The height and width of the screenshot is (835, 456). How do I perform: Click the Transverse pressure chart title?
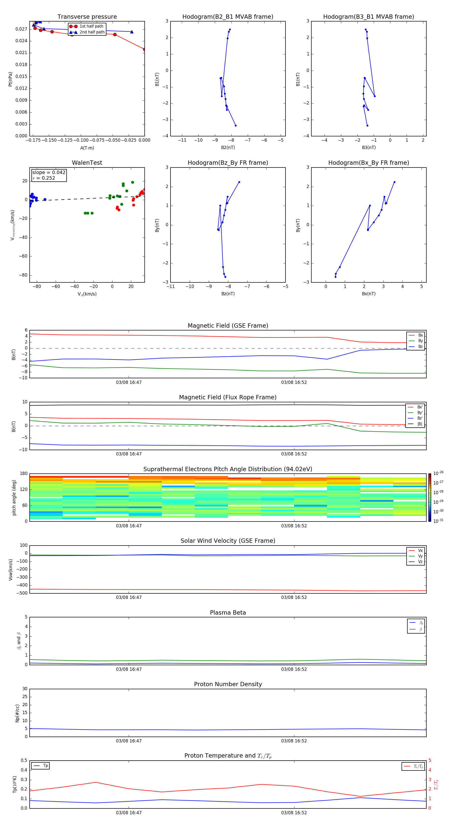[87, 17]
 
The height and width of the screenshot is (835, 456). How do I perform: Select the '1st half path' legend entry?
[91, 26]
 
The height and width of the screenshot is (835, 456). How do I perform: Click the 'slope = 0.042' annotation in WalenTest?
[49, 173]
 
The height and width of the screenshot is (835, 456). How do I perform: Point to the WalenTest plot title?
[87, 163]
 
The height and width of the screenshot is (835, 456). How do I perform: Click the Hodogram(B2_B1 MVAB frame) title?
[227, 17]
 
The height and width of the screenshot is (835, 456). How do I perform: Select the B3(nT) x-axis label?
[369, 148]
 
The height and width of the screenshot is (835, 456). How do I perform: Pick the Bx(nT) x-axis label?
[369, 294]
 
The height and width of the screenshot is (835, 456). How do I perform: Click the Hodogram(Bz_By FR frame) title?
[227, 163]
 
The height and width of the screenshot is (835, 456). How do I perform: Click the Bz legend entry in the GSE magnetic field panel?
[420, 346]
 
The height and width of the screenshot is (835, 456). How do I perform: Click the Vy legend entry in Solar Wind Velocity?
[420, 556]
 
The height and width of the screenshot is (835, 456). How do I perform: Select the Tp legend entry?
[45, 766]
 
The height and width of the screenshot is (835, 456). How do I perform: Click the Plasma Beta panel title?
[227, 613]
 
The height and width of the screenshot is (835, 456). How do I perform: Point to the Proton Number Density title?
[227, 684]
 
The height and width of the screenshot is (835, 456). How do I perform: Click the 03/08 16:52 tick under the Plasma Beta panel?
[294, 669]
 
